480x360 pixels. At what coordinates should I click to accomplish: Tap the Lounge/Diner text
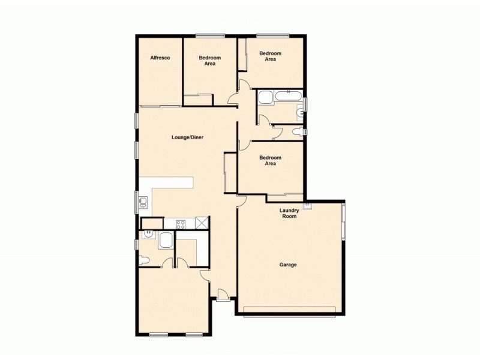click(x=188, y=137)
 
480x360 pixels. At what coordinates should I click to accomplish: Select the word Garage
click(x=288, y=265)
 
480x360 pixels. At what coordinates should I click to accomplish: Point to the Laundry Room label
click(x=289, y=213)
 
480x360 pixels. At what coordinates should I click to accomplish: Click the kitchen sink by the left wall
click(x=144, y=202)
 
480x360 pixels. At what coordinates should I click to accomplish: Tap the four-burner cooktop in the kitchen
click(x=181, y=224)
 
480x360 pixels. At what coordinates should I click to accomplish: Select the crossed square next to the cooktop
click(x=202, y=223)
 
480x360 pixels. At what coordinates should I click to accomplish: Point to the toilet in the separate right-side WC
click(x=298, y=131)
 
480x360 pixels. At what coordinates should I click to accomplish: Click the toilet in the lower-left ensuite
click(x=143, y=260)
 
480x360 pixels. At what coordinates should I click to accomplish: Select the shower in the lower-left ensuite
click(x=166, y=241)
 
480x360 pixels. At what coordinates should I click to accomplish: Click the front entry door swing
click(x=223, y=294)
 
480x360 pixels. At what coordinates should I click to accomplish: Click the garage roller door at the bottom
click(x=290, y=310)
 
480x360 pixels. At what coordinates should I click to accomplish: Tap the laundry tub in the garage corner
click(x=308, y=206)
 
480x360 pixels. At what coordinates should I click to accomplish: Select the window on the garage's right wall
click(x=343, y=222)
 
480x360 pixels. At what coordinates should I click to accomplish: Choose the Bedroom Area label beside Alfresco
click(x=210, y=61)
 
